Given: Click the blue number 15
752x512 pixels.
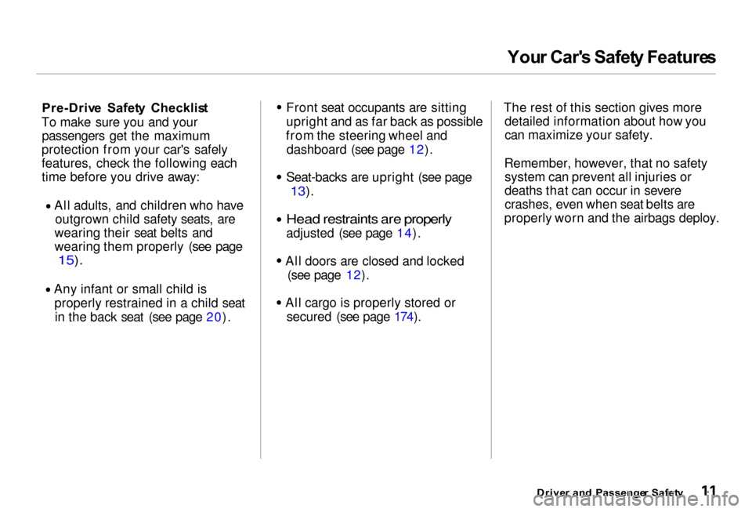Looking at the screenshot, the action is point(67,260).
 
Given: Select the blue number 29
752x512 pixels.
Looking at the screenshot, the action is point(214,318).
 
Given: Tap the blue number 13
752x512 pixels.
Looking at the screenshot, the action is point(298,191).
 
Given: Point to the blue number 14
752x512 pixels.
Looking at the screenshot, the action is point(404,233).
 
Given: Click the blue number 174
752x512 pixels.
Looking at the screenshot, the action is point(404,317).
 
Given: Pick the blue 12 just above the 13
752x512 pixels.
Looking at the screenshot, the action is point(417,150).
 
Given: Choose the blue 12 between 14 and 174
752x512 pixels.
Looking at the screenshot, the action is point(353,275).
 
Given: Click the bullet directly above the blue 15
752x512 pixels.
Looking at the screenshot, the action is point(48,206).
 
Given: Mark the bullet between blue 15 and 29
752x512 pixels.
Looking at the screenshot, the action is point(48,289).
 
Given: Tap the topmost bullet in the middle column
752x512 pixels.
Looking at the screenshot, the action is point(279,107).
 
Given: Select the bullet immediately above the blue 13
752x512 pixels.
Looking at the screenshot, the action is point(278,177).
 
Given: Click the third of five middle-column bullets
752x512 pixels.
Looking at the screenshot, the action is point(278,220).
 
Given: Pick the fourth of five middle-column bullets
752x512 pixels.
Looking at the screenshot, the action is point(278,260).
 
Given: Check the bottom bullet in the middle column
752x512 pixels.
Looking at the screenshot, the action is point(278,302).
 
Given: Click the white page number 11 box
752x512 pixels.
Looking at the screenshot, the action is point(709,491).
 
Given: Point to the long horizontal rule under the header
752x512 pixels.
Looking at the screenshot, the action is point(375,74).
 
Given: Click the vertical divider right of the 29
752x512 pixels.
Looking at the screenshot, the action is point(260,279).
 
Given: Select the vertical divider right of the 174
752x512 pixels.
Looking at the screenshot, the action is point(491,279).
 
